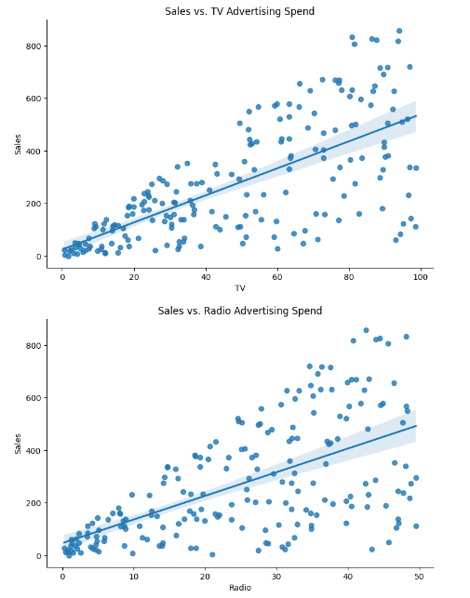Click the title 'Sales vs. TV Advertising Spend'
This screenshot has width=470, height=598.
240,10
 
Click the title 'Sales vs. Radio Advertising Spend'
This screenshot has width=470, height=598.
240,311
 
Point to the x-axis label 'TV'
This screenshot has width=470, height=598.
240,288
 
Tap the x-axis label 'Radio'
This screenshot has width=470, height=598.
240,588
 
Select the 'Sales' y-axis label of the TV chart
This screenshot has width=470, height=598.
19,143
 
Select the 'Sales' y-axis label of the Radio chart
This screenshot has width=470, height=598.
19,443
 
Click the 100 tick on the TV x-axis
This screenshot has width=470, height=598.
421,277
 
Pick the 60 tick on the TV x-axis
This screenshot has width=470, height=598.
277,277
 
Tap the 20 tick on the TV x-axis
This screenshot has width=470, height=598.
134,277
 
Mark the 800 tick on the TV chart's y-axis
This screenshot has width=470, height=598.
34,46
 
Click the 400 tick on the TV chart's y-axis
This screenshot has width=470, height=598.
34,151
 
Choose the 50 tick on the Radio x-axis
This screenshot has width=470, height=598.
419,577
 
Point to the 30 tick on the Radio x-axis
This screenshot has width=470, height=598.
276,577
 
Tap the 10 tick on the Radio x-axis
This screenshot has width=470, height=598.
134,577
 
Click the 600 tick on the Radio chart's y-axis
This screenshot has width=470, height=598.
34,398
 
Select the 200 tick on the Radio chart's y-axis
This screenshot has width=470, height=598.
34,503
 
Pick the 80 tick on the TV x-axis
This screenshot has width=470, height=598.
349,277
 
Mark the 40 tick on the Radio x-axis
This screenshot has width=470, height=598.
347,577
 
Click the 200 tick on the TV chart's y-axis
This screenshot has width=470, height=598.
34,204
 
